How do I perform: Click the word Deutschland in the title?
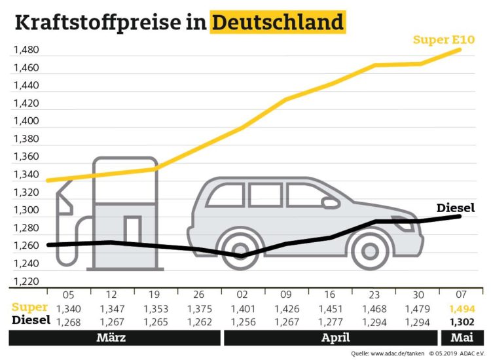[278, 23]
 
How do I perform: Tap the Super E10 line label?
[443, 40]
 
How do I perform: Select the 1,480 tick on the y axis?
[26, 50]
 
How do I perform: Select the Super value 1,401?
[243, 308]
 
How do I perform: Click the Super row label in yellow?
[29, 308]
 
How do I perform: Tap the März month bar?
[115, 338]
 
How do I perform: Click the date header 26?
[199, 296]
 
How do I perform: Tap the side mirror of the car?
[330, 203]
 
